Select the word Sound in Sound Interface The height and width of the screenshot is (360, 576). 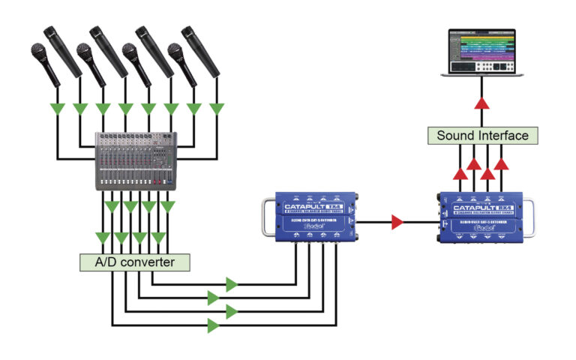point(455,136)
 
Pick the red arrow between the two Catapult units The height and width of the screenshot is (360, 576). point(397,222)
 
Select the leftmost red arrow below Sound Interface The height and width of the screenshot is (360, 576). point(458,173)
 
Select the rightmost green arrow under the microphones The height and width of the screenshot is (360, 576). point(217,109)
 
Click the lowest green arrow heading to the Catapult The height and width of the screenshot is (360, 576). point(214,325)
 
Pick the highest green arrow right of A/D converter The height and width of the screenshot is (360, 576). point(232,284)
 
